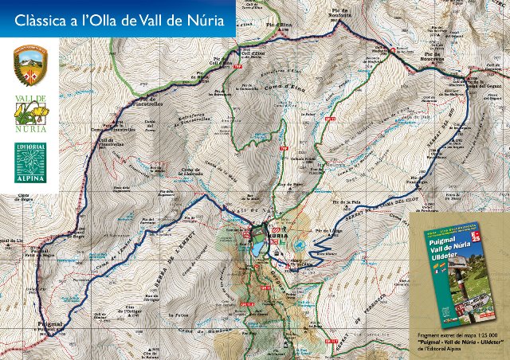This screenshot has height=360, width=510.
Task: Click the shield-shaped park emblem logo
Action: point(31,64)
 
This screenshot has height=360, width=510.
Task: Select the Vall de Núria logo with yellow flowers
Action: point(31,112)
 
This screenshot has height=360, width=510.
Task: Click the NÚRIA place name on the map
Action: point(274,237)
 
